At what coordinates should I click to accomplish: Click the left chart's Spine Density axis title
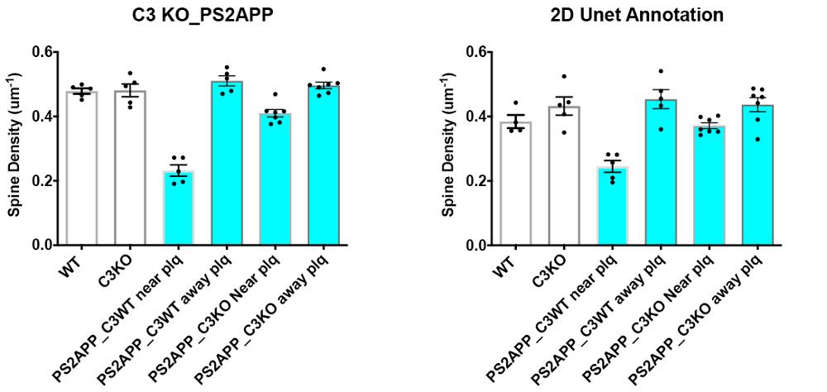pyautogui.click(x=15, y=148)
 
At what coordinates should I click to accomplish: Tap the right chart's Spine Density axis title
pyautogui.click(x=447, y=148)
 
